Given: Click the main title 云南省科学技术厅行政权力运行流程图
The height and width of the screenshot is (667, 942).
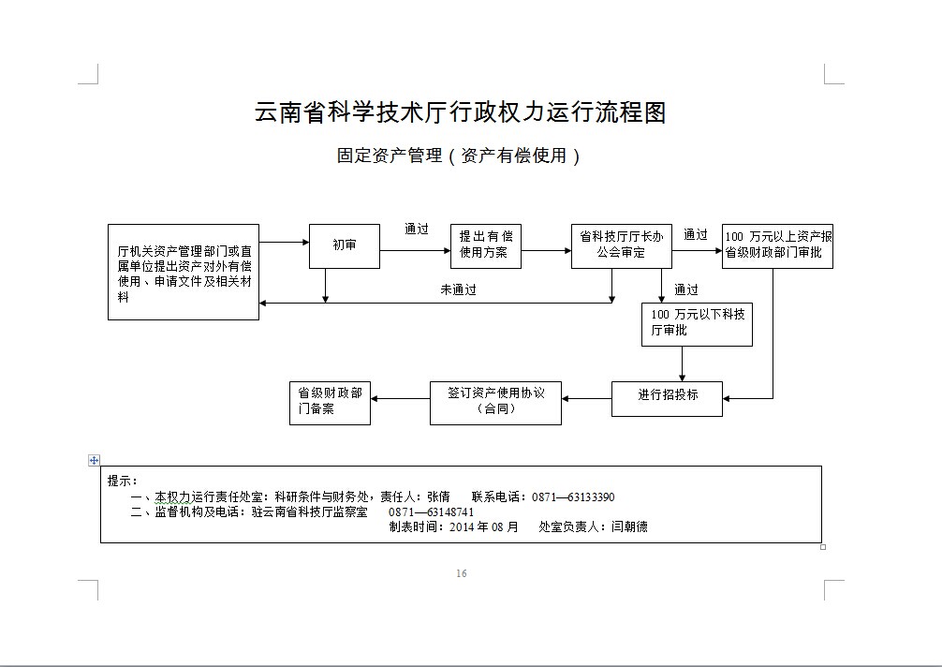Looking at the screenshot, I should click(460, 112).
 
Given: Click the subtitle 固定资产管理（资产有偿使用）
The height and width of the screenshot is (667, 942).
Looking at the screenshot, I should click(459, 156).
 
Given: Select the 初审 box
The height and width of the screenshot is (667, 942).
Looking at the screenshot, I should click(345, 246).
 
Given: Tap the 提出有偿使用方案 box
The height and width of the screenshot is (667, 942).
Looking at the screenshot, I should click(485, 245).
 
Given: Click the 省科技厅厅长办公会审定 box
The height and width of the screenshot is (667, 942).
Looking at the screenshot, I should click(622, 245).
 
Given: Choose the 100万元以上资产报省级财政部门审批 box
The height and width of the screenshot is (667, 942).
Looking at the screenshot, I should click(777, 245).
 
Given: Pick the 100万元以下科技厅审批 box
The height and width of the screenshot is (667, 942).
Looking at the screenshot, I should click(697, 323).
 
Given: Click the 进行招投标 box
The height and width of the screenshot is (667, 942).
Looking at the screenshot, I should click(668, 397).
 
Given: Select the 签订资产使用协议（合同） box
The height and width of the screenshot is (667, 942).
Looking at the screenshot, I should click(495, 402).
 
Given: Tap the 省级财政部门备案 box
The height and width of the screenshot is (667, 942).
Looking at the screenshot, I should click(330, 402).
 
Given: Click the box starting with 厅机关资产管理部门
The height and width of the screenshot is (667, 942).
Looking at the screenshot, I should click(184, 273).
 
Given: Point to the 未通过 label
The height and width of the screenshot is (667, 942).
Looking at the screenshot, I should click(459, 290).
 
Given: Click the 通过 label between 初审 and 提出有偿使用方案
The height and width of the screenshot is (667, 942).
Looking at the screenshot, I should click(417, 230).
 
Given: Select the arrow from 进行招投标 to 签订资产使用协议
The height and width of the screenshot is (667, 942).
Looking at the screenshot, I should click(587, 399).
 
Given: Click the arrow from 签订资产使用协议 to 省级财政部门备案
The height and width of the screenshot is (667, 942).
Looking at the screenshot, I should click(400, 399).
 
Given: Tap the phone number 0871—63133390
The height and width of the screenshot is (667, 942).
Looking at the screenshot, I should click(573, 497).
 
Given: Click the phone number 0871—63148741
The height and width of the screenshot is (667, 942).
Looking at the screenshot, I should click(432, 512).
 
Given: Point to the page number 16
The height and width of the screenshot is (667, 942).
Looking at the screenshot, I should click(461, 573).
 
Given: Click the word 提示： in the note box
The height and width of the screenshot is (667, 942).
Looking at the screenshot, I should click(123, 481).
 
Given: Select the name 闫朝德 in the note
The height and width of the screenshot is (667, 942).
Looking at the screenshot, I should click(629, 526).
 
